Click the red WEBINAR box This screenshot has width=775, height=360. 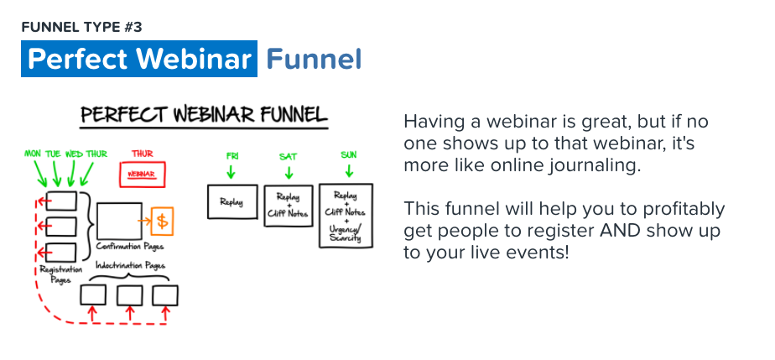[143, 175]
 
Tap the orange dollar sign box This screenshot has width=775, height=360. [162, 221]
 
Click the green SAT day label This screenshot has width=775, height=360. [289, 157]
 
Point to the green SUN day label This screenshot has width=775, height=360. [348, 155]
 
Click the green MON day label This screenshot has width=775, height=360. [33, 154]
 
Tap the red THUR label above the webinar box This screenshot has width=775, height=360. [143, 154]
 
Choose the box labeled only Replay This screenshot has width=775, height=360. [232, 201]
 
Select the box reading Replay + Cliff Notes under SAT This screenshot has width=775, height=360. [289, 206]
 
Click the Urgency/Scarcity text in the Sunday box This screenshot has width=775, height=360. [346, 233]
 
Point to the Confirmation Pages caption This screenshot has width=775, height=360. [130, 246]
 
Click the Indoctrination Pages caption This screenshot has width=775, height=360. [131, 266]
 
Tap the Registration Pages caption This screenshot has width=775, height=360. [60, 274]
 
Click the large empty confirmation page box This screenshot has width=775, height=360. [119, 221]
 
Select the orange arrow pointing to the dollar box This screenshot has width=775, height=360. [144, 221]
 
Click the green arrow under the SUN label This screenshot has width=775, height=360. [349, 170]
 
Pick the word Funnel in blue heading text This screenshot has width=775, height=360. [315, 60]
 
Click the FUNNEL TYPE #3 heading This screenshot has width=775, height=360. [81, 27]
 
